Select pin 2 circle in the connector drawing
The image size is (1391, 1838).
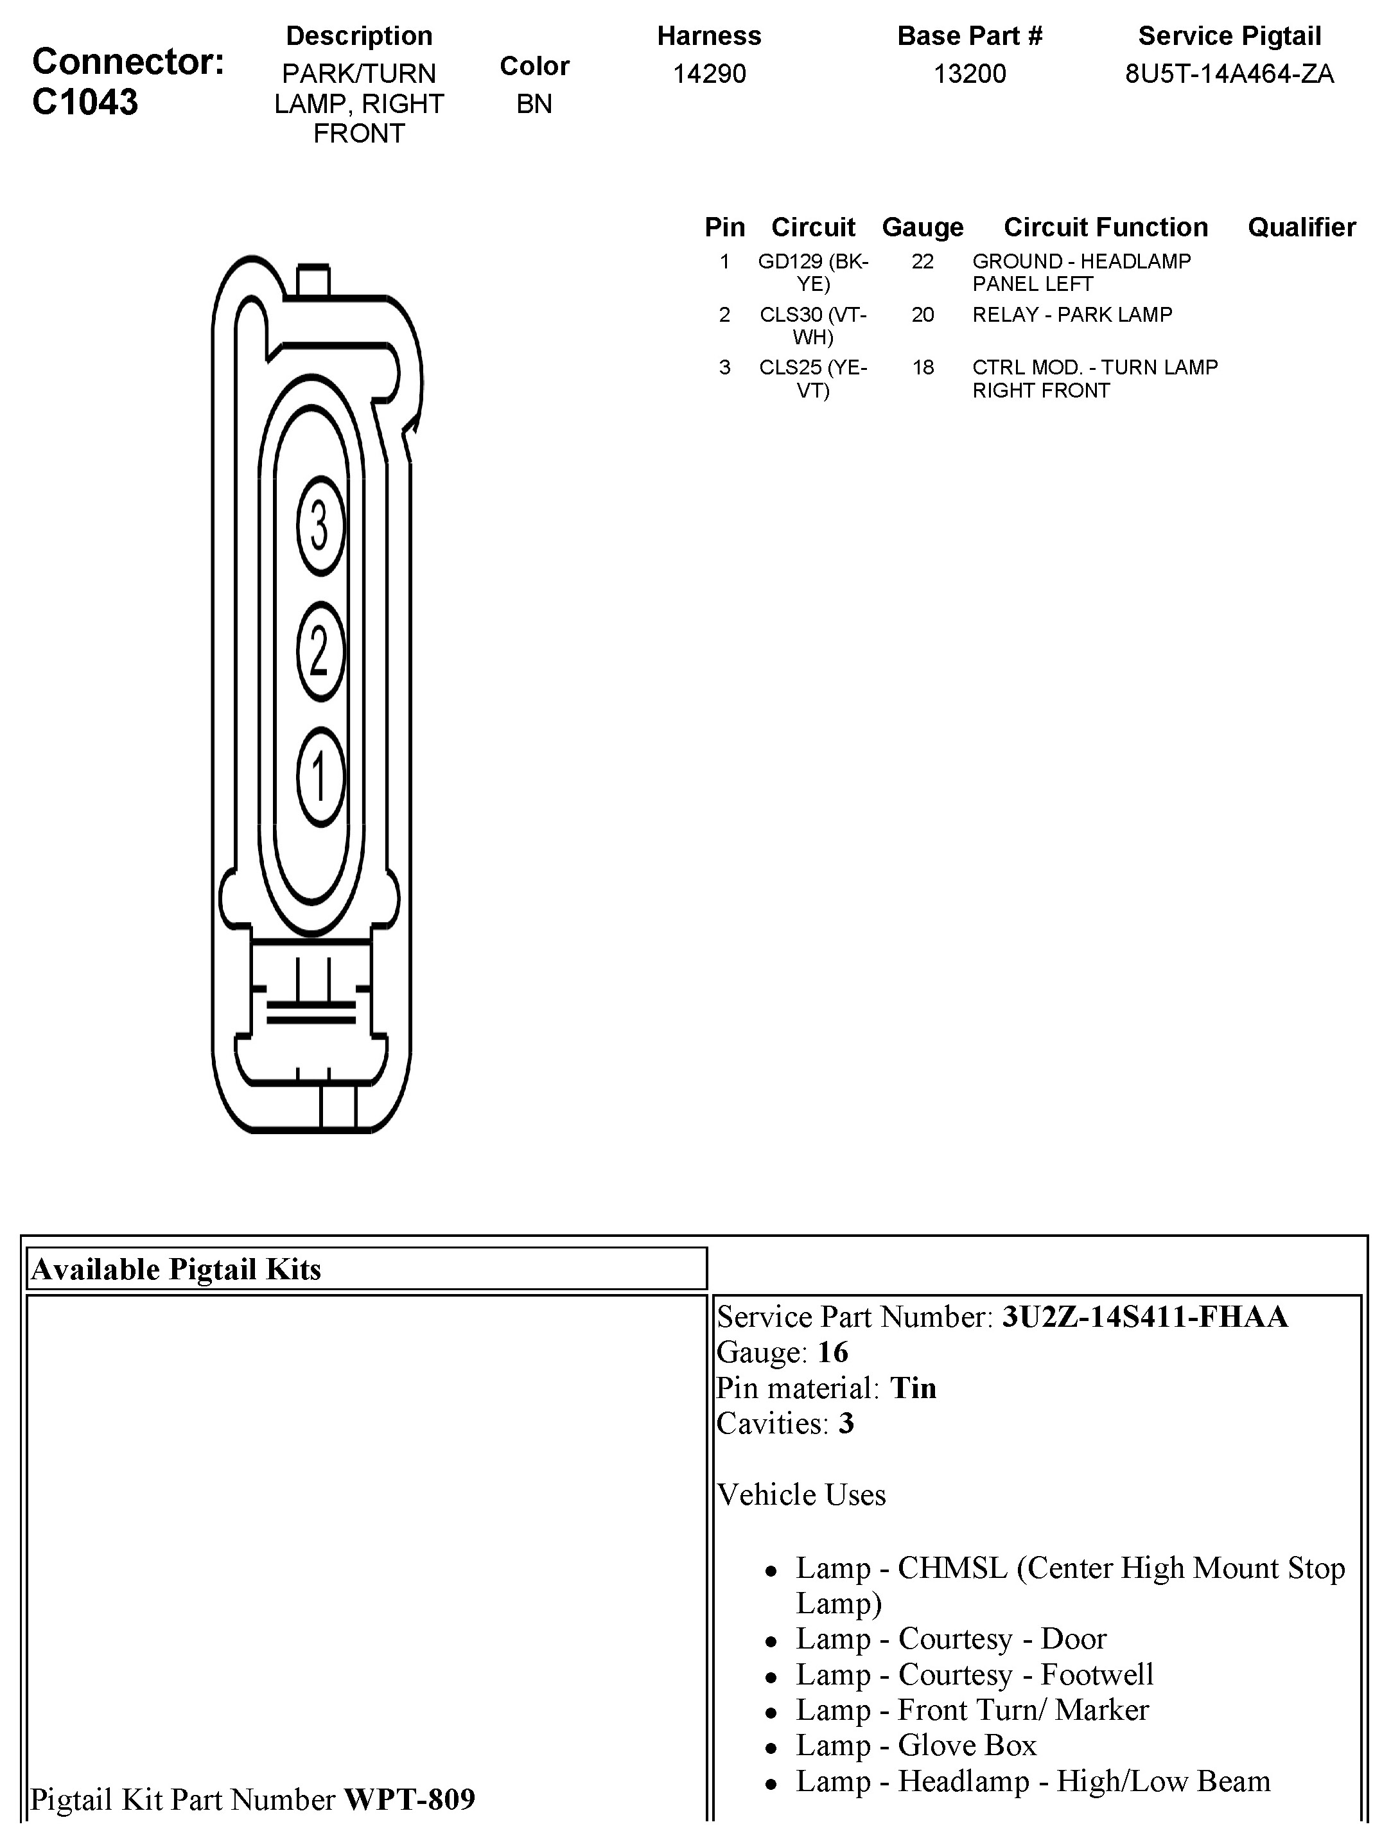320,651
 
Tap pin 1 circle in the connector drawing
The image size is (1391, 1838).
320,776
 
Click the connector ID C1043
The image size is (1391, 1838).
85,102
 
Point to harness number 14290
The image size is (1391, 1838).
709,74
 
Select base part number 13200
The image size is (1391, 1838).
970,74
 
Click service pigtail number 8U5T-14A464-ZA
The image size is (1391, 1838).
1229,74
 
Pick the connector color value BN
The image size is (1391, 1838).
534,104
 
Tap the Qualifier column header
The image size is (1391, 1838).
1301,227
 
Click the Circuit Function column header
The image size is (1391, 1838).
1105,227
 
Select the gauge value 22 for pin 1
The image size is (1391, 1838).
922,262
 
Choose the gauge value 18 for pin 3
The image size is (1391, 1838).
922,367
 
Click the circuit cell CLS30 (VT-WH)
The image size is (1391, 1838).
812,326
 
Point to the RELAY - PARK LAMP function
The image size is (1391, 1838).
1072,315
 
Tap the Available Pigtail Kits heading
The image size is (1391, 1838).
176,1269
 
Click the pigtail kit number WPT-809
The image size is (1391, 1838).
410,1799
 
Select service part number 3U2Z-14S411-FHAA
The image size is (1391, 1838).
1144,1317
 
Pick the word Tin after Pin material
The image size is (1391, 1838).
913,1388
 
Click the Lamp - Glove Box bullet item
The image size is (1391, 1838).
916,1745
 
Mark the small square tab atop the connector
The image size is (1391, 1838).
313,280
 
